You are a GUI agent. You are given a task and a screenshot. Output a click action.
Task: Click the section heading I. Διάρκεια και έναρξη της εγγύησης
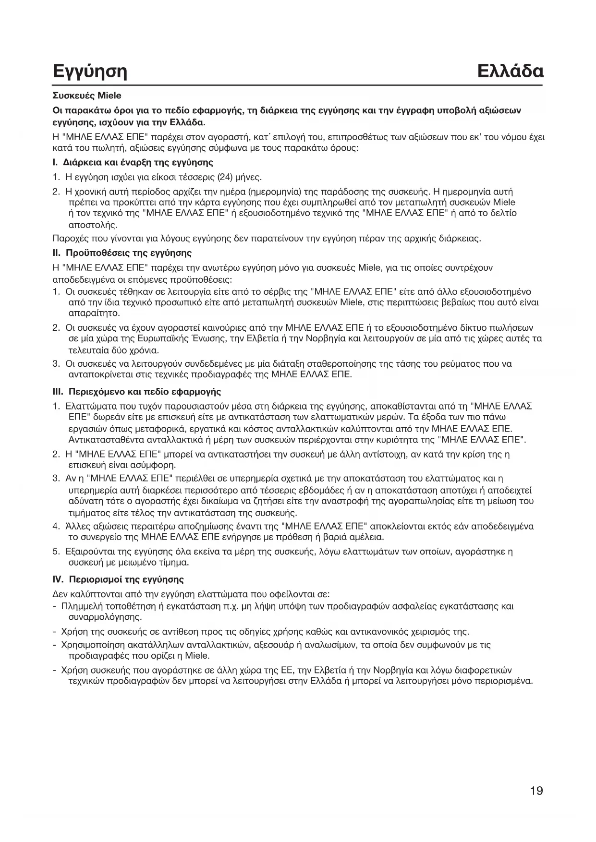133,162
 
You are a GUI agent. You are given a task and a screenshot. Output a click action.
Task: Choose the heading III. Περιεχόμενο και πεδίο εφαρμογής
136,392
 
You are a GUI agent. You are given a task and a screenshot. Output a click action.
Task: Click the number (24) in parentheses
225,177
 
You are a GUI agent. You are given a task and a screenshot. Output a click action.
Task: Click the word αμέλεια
368,536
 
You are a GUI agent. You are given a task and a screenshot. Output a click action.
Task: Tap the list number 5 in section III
55,551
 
